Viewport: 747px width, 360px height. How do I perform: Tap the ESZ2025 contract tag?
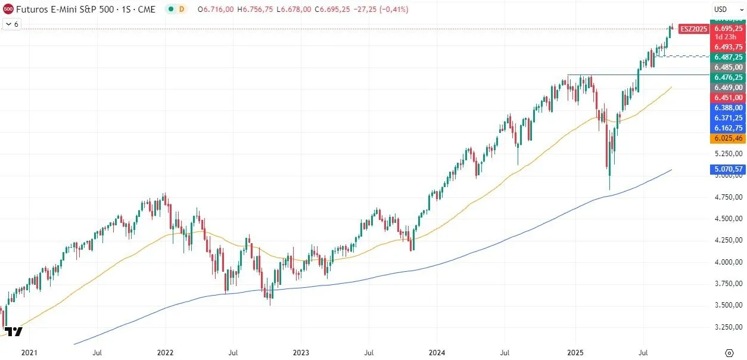[x=694, y=29]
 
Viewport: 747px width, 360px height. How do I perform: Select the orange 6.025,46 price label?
[x=729, y=138]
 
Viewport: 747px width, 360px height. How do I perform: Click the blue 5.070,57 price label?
[x=729, y=170]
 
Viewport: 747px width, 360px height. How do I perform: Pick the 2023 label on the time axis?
[x=301, y=353]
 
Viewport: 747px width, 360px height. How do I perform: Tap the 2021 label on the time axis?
[x=30, y=353]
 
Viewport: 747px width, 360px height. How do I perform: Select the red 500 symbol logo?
[x=8, y=10]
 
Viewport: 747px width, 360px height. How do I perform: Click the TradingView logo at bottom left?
[x=13, y=332]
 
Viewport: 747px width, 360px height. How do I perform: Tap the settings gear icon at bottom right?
[x=729, y=352]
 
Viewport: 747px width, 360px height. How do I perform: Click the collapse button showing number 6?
[x=12, y=24]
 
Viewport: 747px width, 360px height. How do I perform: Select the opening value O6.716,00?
[x=216, y=10]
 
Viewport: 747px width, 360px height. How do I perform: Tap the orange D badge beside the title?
[x=181, y=10]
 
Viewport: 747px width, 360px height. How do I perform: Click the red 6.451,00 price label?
[x=729, y=98]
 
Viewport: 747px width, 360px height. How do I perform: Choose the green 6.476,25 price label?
[x=729, y=77]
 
